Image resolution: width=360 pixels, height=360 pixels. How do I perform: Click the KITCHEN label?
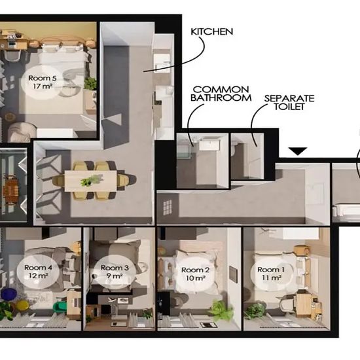click(x=212, y=31)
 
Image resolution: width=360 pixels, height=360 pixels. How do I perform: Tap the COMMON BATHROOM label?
click(x=221, y=94)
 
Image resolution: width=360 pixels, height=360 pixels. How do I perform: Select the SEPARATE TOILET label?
click(x=289, y=102)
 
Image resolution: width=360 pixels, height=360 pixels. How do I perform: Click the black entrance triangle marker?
click(x=298, y=151)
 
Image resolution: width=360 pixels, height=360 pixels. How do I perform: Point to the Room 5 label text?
click(x=43, y=78)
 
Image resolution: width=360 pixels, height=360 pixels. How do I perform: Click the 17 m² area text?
click(x=43, y=86)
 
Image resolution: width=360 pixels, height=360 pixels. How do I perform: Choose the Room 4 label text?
click(x=38, y=268)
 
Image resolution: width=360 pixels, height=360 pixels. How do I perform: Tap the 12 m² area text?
click(x=39, y=276)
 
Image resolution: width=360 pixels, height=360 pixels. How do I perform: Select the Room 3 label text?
click(x=115, y=268)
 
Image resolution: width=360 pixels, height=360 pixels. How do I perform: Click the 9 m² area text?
click(x=115, y=276)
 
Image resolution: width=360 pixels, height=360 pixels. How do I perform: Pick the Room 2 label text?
click(x=196, y=270)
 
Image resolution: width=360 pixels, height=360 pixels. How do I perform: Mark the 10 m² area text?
click(x=196, y=278)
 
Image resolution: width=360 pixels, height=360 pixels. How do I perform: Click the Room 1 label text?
click(x=271, y=270)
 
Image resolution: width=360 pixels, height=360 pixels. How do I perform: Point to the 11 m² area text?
click(x=272, y=278)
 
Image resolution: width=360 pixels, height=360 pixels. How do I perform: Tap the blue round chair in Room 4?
click(x=9, y=294)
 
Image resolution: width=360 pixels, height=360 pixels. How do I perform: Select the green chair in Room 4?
click(x=60, y=307)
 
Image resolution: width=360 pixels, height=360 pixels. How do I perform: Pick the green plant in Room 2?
click(x=220, y=310)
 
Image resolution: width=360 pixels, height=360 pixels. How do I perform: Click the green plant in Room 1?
click(x=255, y=311)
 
